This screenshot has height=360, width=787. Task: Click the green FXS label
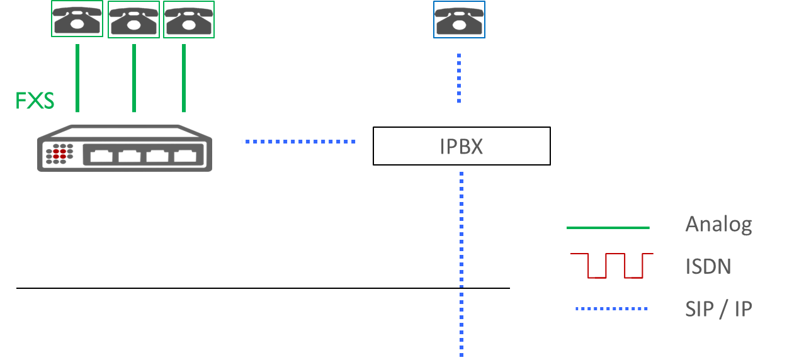pos(35,101)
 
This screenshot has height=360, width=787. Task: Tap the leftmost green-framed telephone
pos(77,19)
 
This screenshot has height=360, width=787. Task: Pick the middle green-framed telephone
pos(133,20)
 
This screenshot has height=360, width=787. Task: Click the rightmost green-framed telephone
pos(189,20)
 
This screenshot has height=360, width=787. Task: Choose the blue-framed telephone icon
pos(459,20)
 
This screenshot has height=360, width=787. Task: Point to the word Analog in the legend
pos(718,225)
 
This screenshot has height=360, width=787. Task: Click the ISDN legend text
pos(708,266)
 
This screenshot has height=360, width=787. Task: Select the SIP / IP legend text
pos(718,309)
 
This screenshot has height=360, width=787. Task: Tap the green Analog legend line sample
pos(608,228)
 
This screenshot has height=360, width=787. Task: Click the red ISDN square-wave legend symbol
pos(611,266)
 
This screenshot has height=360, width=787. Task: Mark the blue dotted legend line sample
pos(611,309)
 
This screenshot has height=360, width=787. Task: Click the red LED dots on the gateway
pos(59,154)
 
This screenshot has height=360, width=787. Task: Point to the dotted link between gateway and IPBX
pos(300,142)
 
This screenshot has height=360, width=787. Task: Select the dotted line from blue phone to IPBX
pos(459,78)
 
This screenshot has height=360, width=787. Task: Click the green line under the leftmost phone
pos(77,78)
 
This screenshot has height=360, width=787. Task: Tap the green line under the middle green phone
pos(134,78)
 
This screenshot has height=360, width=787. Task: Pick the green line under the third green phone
pos(184,78)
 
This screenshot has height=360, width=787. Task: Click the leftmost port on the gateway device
pos(101,155)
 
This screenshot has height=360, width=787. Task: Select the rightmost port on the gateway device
pos(185,155)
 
